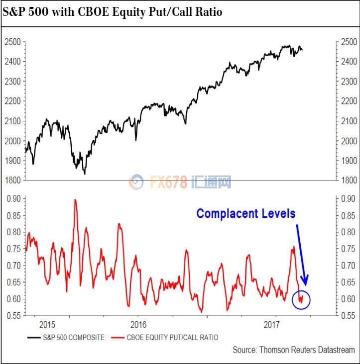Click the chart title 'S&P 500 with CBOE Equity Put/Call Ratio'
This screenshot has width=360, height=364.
[x=113, y=11]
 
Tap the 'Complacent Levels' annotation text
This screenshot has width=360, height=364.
[x=246, y=213]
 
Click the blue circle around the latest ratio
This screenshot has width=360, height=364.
[x=301, y=299]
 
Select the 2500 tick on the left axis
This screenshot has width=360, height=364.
[x=14, y=41]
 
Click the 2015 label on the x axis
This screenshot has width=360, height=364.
[x=46, y=325]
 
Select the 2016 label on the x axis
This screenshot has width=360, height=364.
[x=138, y=325]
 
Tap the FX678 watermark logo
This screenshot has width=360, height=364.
[x=180, y=182]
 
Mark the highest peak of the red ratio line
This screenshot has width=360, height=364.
[x=75, y=199]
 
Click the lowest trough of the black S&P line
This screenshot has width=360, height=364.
[x=85, y=174]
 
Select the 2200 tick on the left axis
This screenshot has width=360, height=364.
[x=14, y=101]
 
